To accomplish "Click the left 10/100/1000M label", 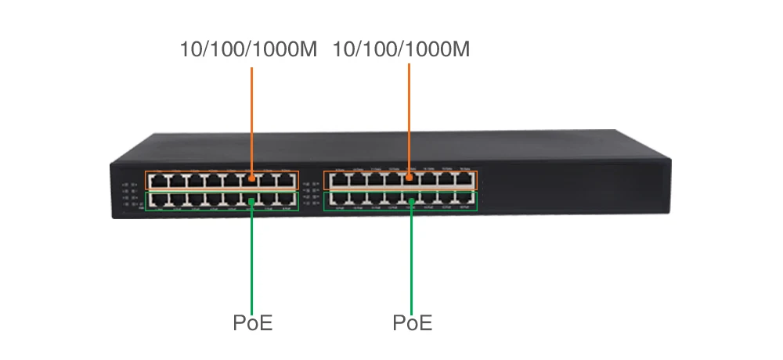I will [247, 50].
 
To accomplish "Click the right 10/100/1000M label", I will [401, 50].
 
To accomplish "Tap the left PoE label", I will [252, 322].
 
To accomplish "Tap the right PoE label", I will [412, 322].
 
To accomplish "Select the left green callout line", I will [251, 258].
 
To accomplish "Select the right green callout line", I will [410, 258].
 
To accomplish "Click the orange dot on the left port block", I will [251, 178].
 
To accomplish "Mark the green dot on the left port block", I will [251, 202].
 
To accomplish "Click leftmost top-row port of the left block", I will [155, 180].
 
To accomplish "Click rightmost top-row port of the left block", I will [287, 180].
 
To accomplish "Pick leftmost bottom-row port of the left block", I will [155, 200].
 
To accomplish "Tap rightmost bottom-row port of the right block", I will [466, 200].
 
